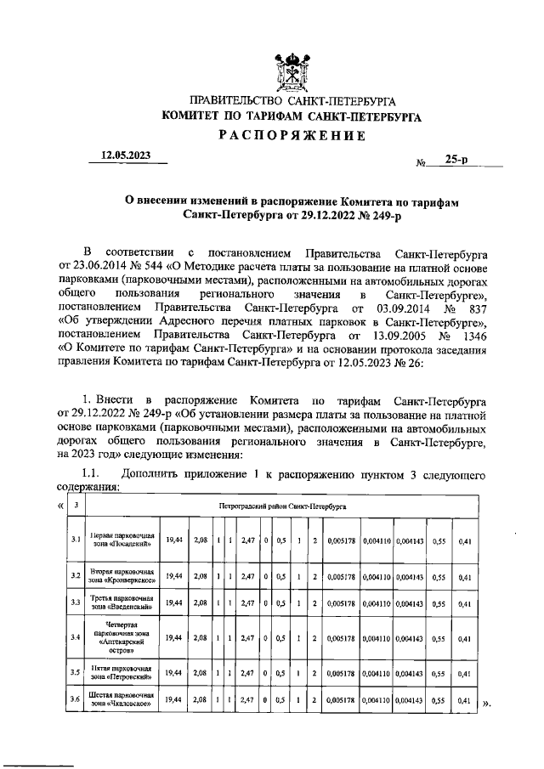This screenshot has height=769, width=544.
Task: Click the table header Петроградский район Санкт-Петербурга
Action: click(x=289, y=506)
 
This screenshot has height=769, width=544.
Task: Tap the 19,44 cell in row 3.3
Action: click(x=173, y=604)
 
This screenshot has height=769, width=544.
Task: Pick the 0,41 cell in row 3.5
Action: click(x=464, y=671)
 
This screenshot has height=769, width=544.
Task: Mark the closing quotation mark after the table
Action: click(x=486, y=704)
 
